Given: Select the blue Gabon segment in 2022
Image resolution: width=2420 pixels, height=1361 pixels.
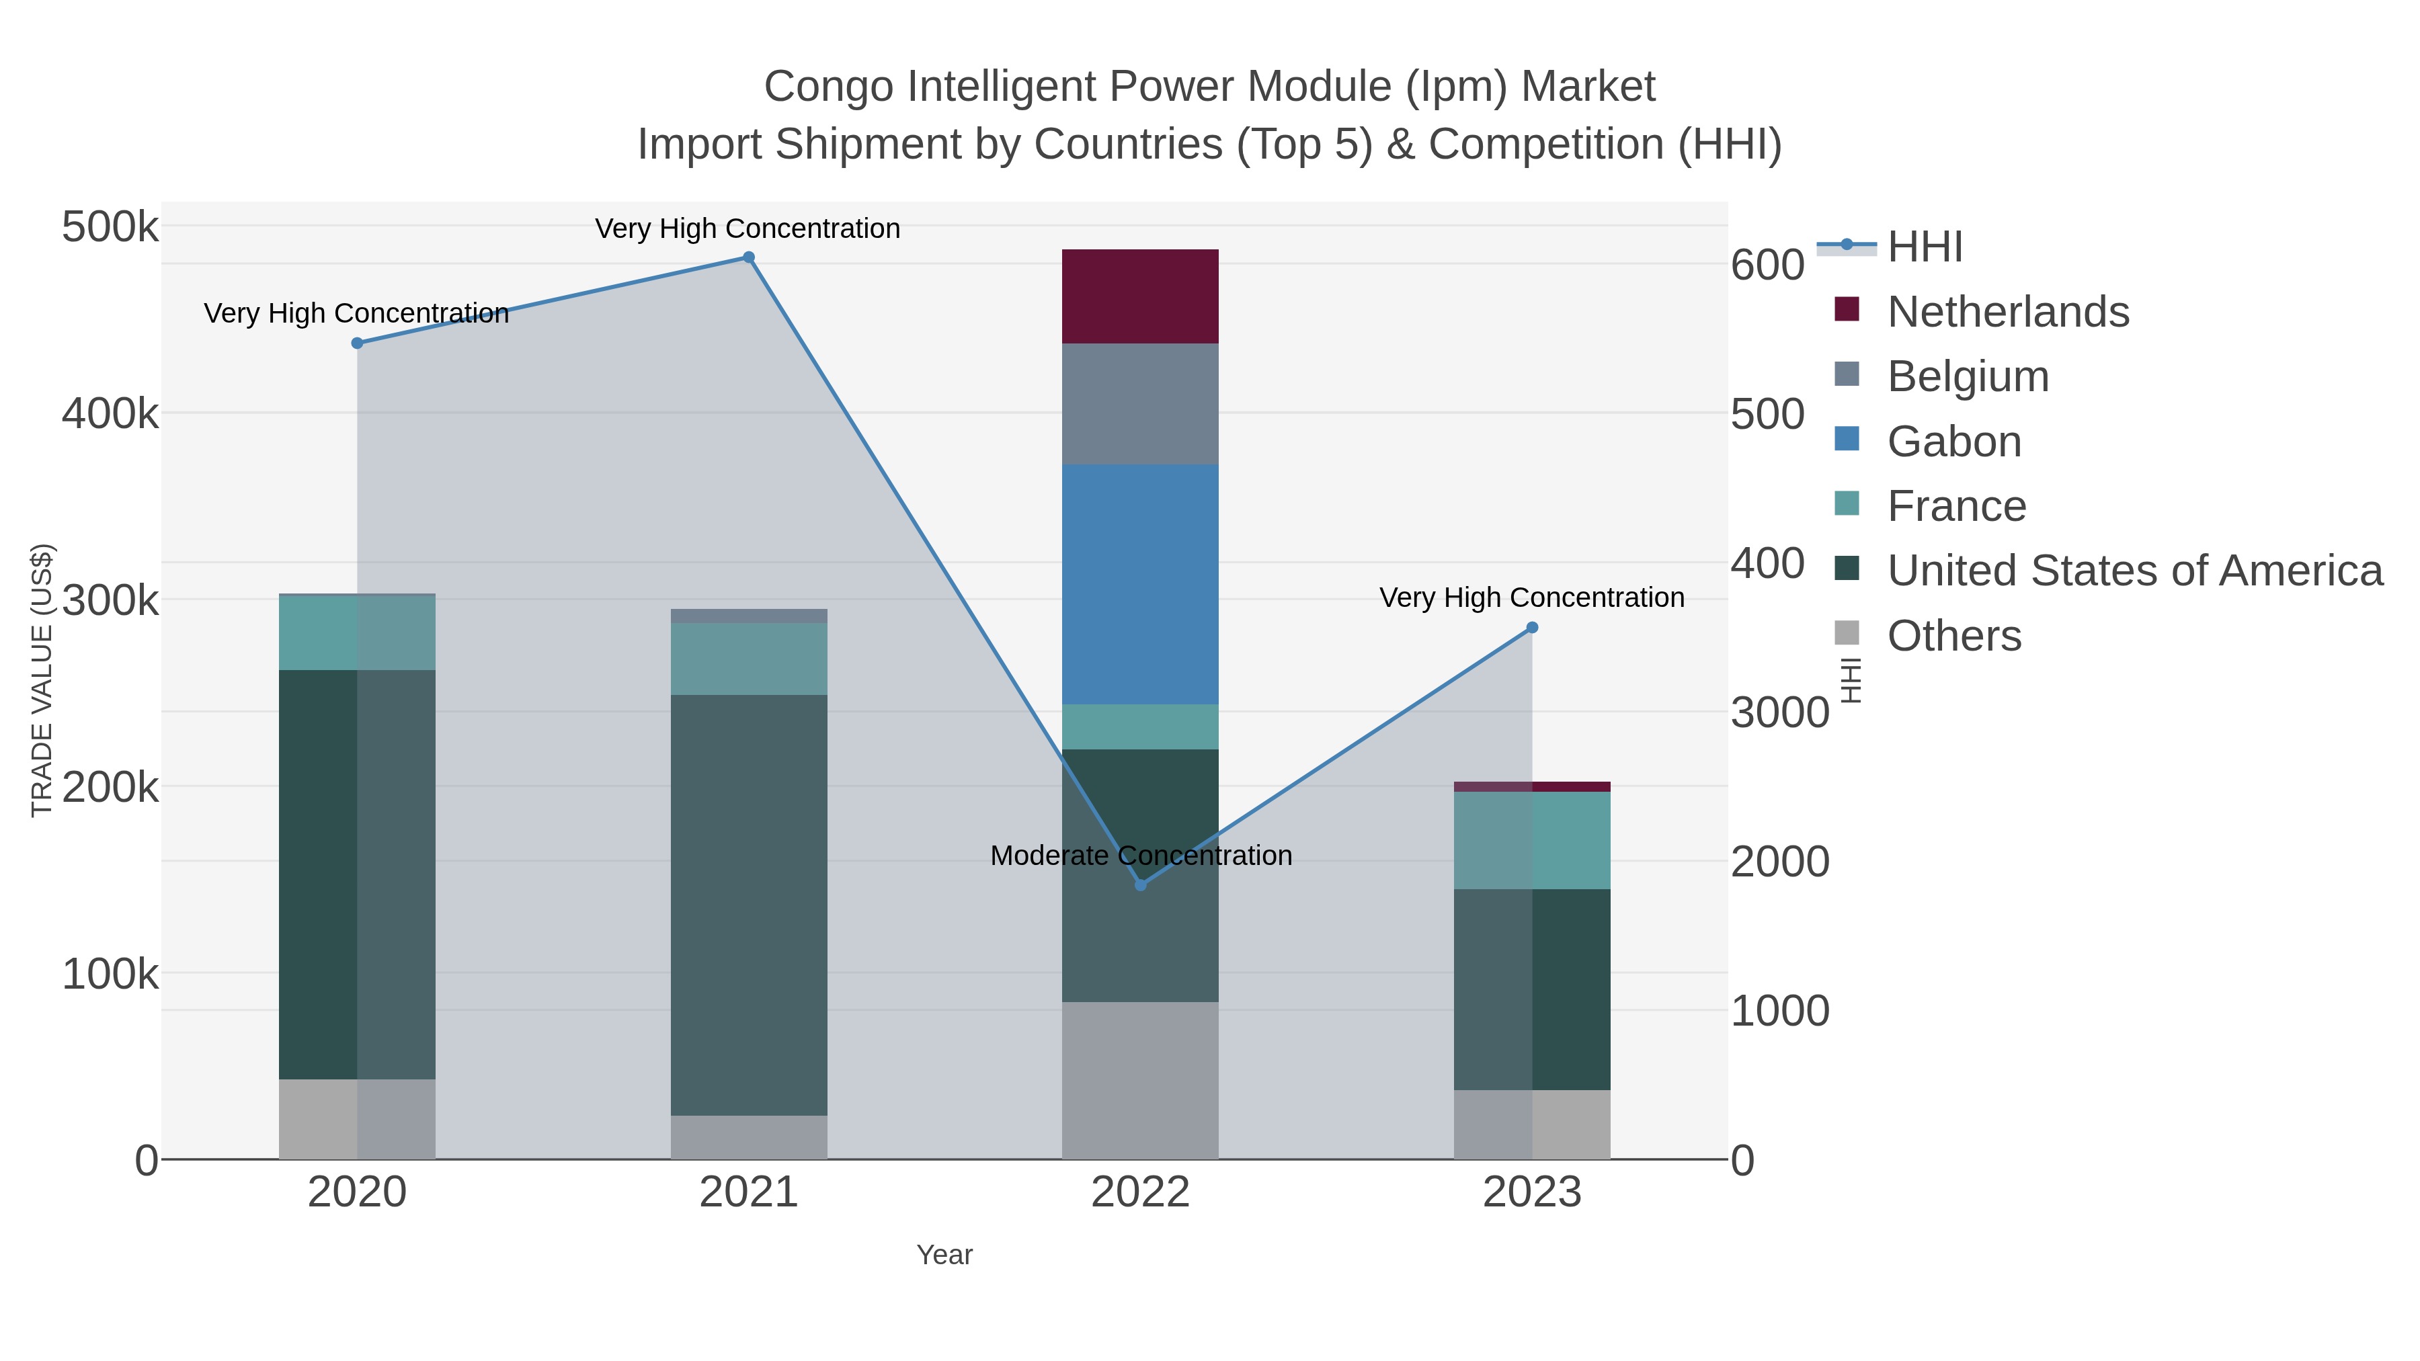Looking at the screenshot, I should point(1139,583).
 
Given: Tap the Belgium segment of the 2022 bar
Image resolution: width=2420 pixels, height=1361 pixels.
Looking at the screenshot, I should point(1139,403).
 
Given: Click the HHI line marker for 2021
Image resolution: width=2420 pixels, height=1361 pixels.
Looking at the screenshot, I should point(749,257).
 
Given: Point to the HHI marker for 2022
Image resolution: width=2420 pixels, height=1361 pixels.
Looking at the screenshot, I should point(1141,884).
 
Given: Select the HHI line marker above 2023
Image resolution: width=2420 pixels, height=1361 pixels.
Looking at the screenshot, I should point(1532,628).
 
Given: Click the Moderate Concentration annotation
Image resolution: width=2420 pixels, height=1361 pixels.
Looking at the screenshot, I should point(1141,856).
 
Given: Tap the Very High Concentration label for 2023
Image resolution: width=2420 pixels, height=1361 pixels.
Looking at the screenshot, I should point(1531,597).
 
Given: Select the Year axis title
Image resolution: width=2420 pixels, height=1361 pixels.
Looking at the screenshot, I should point(944,1255).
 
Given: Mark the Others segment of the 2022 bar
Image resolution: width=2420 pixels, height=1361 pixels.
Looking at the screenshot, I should point(1139,1080).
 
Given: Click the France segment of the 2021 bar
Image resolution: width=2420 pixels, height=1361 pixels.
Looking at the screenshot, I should point(749,659).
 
